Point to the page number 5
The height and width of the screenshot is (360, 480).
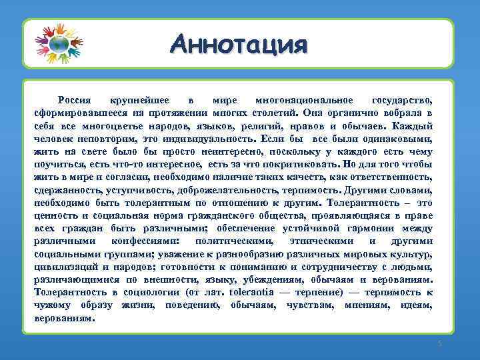point(440,343)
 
